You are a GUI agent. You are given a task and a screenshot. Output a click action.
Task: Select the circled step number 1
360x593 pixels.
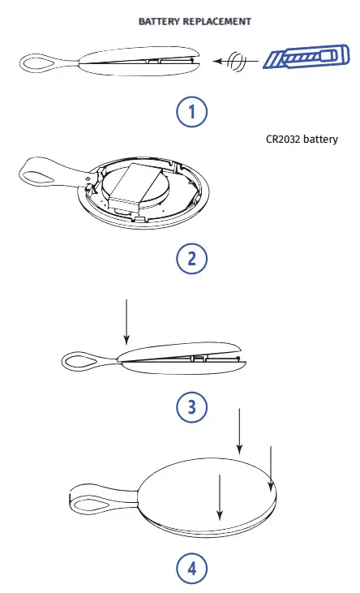pyautogui.click(x=191, y=111)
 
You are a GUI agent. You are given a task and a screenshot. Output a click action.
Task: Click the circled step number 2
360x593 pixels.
pyautogui.click(x=191, y=259)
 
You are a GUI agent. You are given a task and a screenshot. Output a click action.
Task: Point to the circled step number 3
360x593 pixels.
pyautogui.click(x=191, y=406)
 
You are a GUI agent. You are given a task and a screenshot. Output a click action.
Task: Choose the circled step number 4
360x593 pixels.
pyautogui.click(x=191, y=567)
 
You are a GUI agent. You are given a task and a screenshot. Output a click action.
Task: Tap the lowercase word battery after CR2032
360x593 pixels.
pyautogui.click(x=319, y=139)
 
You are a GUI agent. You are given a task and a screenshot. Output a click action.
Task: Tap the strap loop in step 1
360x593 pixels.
pyautogui.click(x=37, y=61)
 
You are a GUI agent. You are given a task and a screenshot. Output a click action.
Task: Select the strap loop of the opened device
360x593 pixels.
pyautogui.click(x=41, y=170)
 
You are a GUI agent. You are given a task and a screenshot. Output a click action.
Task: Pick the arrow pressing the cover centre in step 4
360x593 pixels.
pyautogui.click(x=218, y=496)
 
